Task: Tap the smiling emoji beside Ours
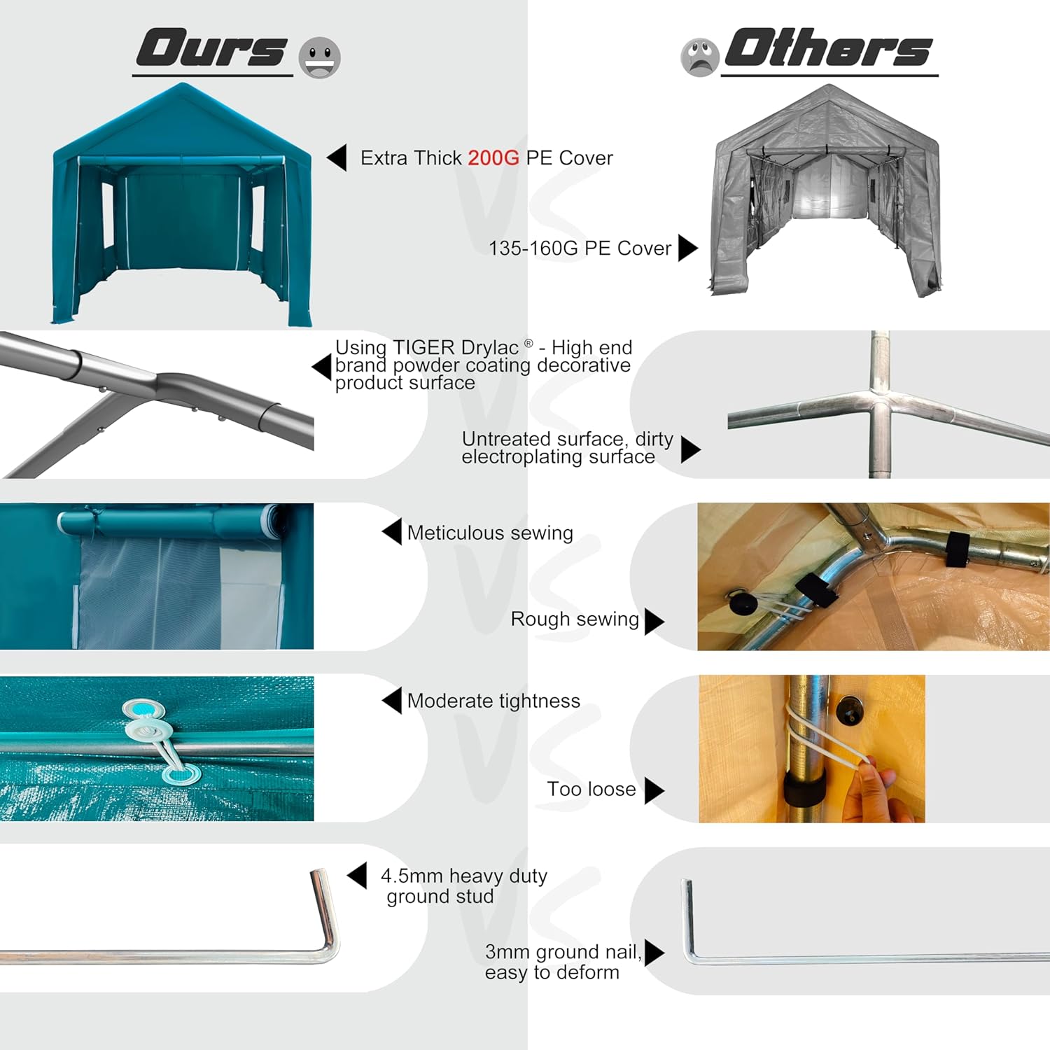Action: point(320,57)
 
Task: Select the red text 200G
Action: point(493,158)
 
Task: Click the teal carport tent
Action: point(182,204)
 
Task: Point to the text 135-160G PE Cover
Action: point(580,248)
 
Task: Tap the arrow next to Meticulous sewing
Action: point(392,531)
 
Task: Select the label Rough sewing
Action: point(575,619)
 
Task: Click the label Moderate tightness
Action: point(493,701)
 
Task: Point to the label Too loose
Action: point(591,790)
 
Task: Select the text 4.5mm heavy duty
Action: point(463,876)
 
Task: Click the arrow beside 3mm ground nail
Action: point(654,953)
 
